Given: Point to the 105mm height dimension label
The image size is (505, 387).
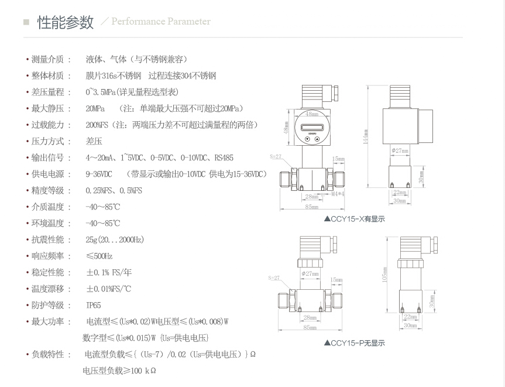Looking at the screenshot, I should pos(384,273).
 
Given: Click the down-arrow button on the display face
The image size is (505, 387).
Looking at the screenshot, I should pos(307,141).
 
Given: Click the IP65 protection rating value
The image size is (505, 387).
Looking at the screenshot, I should pos(93,305).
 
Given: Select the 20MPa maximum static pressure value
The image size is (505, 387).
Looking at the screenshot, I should pos(95,108).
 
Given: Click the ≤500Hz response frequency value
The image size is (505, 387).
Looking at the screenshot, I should pos(99,256).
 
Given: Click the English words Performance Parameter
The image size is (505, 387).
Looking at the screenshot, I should pos(161,22).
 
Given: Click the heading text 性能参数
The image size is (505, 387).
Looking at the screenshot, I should pos(66,22).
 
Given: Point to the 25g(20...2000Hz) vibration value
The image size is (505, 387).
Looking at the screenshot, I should pos(115,239).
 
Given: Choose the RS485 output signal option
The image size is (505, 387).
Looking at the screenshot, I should pos(224,157).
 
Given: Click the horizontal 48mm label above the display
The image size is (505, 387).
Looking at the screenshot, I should pos(311,114).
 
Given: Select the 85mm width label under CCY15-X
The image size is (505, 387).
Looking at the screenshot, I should pos(311,207).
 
